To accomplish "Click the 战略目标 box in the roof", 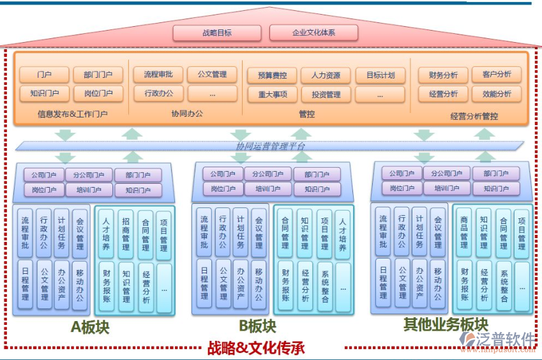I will [x=217, y=33].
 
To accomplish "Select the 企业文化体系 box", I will [x=313, y=33].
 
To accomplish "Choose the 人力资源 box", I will [x=326, y=75].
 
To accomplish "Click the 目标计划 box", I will [x=380, y=75].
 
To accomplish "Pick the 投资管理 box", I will [x=326, y=94].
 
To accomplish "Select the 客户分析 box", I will [x=497, y=75].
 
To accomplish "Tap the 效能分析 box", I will [x=497, y=94].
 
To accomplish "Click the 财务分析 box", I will [x=442, y=75].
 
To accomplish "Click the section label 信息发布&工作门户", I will [x=72, y=115].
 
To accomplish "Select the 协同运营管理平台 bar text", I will [x=271, y=146].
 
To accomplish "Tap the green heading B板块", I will [x=258, y=326].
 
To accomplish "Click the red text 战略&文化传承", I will [x=255, y=349].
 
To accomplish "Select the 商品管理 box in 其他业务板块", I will [x=464, y=232].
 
